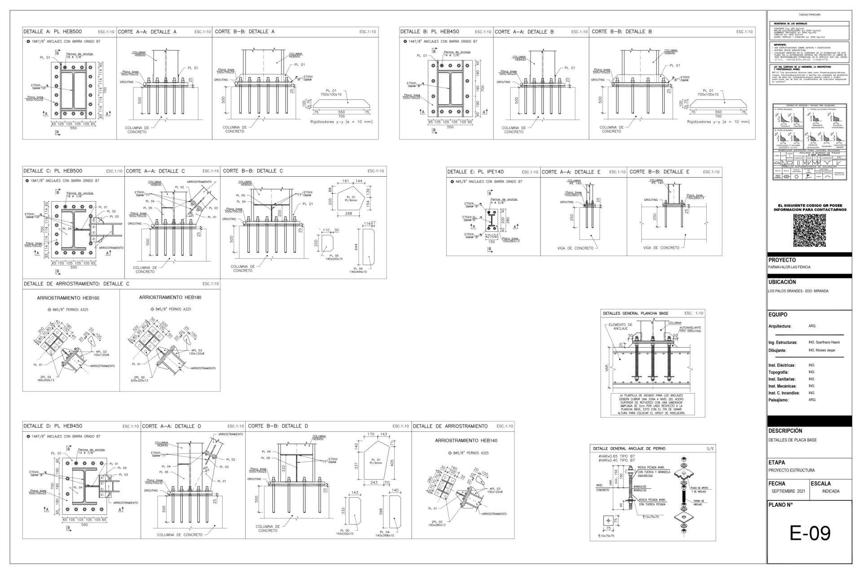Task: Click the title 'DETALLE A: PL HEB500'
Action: [x=53, y=32]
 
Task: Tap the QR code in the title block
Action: [x=809, y=230]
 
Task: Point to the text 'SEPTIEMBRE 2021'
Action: [x=788, y=491]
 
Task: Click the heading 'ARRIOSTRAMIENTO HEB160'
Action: [x=68, y=298]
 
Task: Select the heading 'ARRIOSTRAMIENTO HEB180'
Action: [x=170, y=298]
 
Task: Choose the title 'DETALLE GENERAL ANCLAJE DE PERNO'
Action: [x=629, y=448]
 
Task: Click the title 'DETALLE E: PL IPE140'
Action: [x=475, y=172]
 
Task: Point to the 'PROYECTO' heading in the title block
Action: [x=782, y=260]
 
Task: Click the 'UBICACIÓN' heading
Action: [x=782, y=282]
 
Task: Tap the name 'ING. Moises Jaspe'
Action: [x=822, y=350]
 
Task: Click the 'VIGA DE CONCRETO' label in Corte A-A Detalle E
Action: [x=575, y=248]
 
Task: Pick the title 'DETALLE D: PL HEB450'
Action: [x=53, y=426]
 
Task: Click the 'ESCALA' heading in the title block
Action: [x=821, y=483]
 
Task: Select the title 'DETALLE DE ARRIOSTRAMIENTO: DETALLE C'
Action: [x=76, y=284]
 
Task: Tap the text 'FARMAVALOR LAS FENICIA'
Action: [x=789, y=267]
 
